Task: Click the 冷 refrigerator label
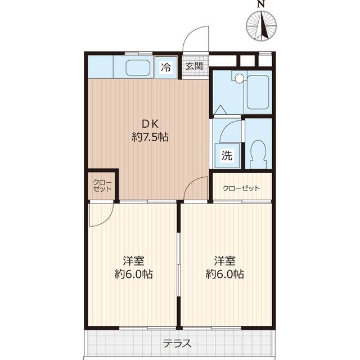coord(165,67)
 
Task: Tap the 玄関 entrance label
coord(194,66)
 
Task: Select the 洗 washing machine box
coord(227,156)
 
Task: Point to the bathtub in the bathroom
coord(258,92)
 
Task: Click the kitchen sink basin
coord(138,67)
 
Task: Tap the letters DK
coord(150,124)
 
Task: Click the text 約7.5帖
coord(150,137)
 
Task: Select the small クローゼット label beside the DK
coord(102,186)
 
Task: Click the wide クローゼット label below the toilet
coord(241,188)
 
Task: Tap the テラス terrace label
coord(177,344)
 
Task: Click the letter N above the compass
coord(260,4)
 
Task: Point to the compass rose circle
coord(261,26)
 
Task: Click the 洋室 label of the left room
coord(133,261)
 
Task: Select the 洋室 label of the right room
coord(224,261)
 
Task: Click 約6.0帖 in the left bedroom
coord(134,274)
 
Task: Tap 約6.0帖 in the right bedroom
coord(225,274)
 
